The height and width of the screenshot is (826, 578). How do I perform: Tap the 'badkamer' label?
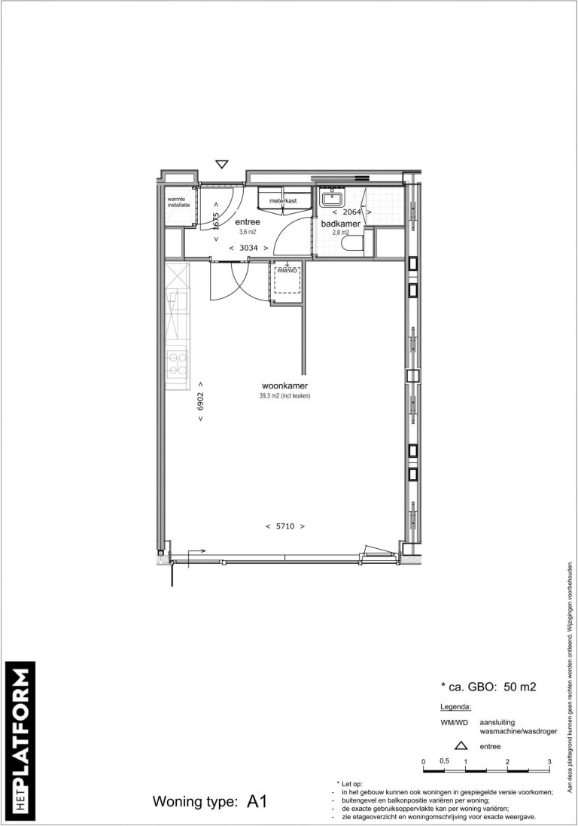tap(341, 224)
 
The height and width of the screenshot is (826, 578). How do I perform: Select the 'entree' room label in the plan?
tap(248, 222)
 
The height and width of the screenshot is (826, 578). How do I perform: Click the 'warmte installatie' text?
tap(179, 202)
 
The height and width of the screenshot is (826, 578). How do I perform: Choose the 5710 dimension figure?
tap(284, 526)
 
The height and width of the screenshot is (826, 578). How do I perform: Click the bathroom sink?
tap(332, 199)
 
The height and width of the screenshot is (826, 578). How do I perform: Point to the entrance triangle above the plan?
tap(221, 164)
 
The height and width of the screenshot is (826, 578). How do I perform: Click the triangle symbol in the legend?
tap(461, 747)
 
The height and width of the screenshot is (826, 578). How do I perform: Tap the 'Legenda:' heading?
tap(455, 708)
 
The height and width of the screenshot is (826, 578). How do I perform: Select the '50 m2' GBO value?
tap(522, 687)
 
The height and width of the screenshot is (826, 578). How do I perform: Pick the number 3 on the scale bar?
tap(550, 762)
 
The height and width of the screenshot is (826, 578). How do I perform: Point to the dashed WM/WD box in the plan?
tap(287, 282)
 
